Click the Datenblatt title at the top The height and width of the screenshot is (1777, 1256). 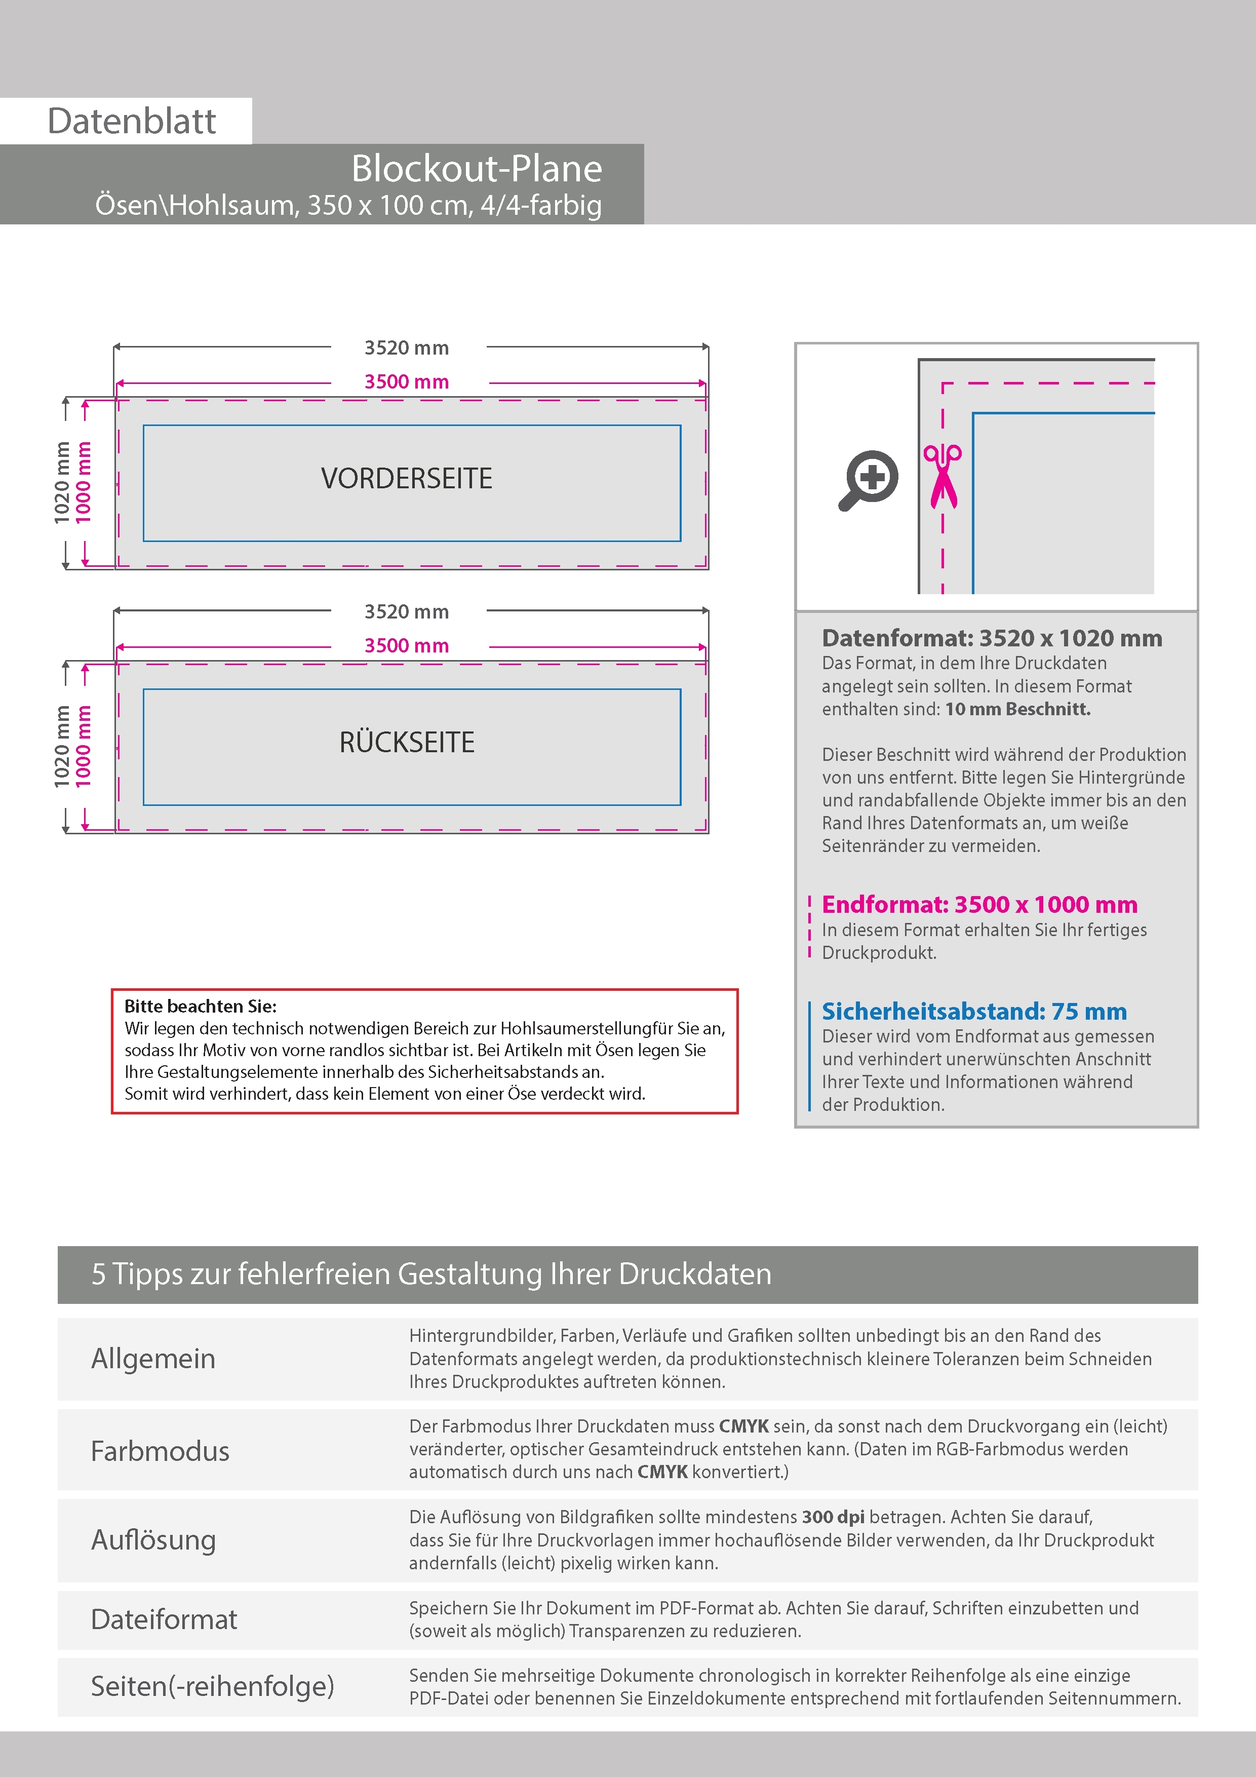click(132, 122)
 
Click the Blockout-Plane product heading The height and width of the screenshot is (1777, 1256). click(476, 169)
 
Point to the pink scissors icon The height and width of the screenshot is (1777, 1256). click(942, 476)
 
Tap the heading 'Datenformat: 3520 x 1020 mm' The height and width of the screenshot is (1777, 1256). click(991, 638)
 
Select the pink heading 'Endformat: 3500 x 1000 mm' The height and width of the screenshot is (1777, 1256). click(979, 905)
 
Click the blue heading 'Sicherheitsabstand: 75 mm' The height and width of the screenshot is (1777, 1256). click(973, 1012)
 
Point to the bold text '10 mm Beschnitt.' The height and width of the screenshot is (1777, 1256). click(1017, 709)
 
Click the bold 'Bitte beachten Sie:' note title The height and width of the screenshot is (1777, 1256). click(201, 1006)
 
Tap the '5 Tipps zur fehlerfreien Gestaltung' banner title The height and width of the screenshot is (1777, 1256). click(431, 1274)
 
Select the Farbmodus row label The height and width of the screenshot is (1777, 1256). click(160, 1451)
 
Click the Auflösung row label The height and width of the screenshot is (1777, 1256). click(153, 1540)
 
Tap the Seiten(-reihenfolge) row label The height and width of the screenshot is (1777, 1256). click(212, 1686)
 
